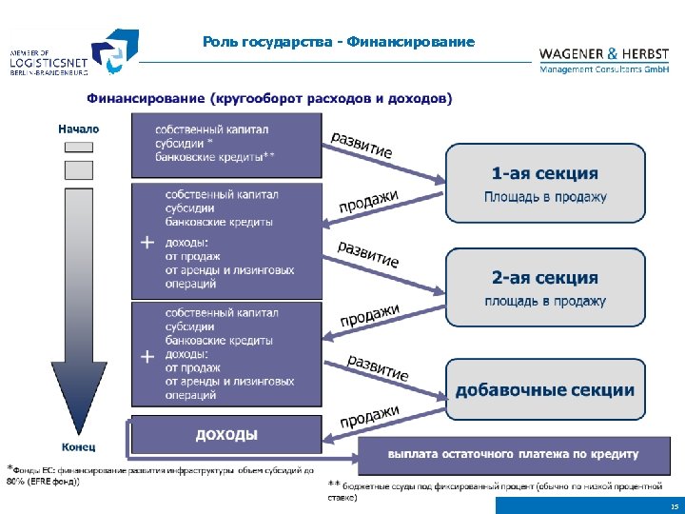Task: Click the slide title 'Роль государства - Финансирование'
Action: (x=338, y=42)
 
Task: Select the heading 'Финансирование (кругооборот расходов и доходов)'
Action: (x=270, y=98)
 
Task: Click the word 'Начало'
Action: (x=78, y=128)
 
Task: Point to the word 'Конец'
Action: (x=78, y=445)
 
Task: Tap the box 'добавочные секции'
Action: (x=544, y=389)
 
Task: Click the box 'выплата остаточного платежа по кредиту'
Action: (x=513, y=453)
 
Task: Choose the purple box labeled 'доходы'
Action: (x=225, y=435)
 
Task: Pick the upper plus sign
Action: (x=147, y=242)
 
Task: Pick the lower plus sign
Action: (x=147, y=357)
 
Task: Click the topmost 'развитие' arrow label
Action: (x=362, y=145)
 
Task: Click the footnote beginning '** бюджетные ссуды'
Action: (x=495, y=491)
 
